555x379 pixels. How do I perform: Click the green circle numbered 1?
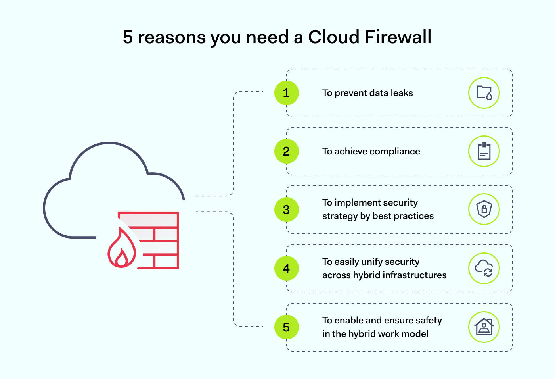tap(286, 93)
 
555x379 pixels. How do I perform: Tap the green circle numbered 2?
tap(286, 151)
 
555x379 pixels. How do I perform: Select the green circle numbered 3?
tap(286, 210)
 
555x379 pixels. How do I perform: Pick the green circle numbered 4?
tap(286, 268)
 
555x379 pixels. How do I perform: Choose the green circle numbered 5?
tap(286, 327)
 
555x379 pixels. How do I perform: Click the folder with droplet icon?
tap(484, 93)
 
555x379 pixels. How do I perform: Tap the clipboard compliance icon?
tap(484, 151)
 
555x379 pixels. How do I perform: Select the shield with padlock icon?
tap(484, 209)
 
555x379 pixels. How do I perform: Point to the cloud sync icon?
tap(484, 268)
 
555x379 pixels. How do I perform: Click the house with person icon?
tap(484, 327)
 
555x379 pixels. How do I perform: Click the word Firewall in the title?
tap(398, 37)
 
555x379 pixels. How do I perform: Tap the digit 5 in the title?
tap(128, 37)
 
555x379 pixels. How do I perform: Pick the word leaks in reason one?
tap(402, 93)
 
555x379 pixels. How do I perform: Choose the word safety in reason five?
tap(429, 321)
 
